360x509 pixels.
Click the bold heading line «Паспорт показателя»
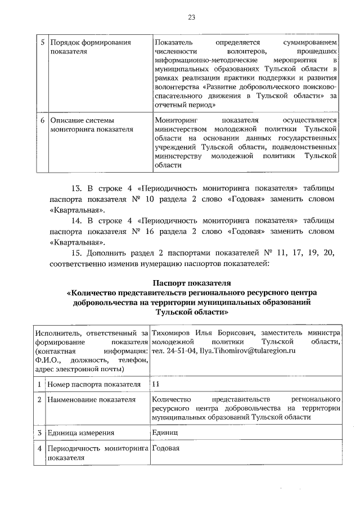(191, 282)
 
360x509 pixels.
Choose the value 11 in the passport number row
(156, 384)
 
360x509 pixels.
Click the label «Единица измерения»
(81, 433)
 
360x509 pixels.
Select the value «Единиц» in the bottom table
(164, 433)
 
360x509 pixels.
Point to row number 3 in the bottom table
(39, 433)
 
